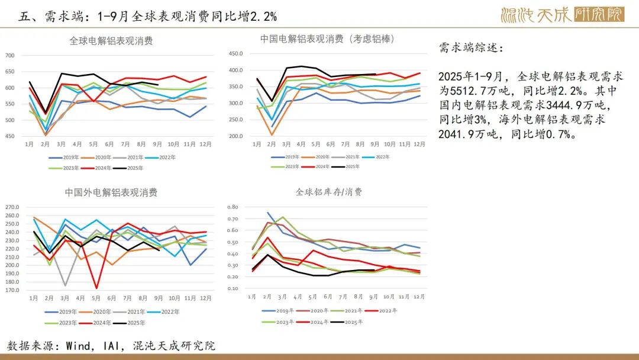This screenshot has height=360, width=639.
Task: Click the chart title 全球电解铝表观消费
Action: [111, 41]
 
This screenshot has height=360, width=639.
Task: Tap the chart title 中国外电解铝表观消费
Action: [111, 192]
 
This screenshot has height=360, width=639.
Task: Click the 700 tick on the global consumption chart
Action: [9, 56]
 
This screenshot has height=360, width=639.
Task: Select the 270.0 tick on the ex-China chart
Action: [12, 207]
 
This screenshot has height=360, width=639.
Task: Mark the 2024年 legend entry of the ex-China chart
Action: [102, 323]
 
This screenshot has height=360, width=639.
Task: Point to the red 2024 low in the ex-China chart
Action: [96, 288]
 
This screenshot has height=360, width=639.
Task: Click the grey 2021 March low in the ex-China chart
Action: [65, 285]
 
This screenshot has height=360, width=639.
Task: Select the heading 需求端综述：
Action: [472, 49]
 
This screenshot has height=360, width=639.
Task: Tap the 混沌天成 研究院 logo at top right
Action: [562, 14]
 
